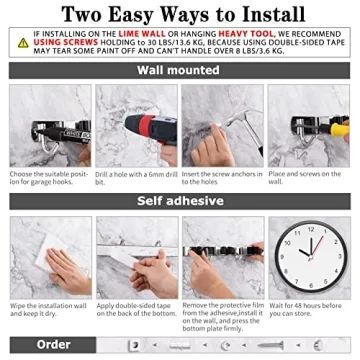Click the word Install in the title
270,15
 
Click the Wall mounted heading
180,71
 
